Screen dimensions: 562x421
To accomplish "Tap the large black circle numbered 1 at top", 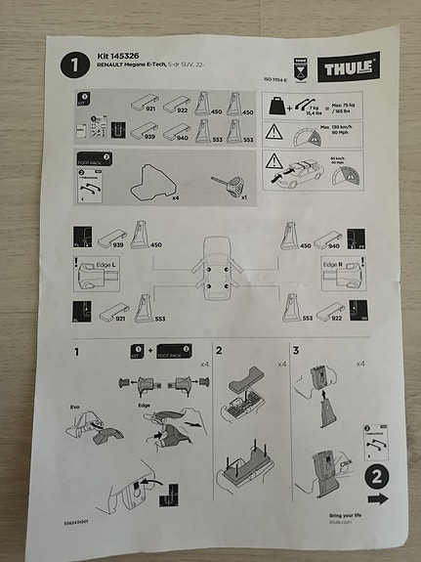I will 72,67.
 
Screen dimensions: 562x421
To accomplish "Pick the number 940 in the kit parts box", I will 182,140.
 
